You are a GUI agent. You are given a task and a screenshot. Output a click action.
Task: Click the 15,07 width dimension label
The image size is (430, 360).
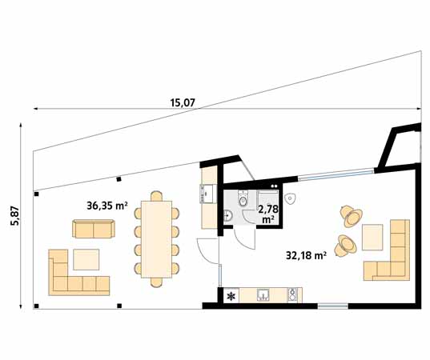click(x=183, y=103)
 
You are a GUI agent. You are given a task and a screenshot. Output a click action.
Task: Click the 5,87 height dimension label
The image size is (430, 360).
click(x=15, y=215)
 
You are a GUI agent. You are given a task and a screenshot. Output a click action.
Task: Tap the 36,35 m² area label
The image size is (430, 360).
click(x=107, y=206)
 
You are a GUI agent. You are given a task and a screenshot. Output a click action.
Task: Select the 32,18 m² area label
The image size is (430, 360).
click(x=307, y=256)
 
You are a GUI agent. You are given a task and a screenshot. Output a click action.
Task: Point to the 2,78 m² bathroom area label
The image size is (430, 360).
click(x=268, y=214)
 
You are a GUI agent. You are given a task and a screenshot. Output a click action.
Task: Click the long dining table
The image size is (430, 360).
click(x=157, y=239)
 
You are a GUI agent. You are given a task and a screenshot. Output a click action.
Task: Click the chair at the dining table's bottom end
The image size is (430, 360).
click(x=157, y=282)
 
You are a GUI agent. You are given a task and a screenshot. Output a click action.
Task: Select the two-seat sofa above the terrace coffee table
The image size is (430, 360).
click(x=94, y=229)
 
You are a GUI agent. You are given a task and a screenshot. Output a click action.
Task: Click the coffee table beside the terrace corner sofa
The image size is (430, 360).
click(x=86, y=259)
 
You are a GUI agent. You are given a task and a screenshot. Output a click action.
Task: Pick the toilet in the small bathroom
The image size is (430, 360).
click(x=243, y=199)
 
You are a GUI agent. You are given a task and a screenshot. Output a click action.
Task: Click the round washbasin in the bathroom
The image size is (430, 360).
click(x=228, y=216)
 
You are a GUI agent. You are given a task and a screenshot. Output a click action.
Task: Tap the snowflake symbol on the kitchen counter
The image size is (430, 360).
click(x=231, y=296)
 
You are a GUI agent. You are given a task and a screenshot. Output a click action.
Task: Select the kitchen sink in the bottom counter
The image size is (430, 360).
click(x=263, y=295)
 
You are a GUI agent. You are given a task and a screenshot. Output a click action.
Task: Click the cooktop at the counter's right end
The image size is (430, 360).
click(x=292, y=295)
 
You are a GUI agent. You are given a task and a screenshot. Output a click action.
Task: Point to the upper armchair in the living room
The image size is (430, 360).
click(x=352, y=216)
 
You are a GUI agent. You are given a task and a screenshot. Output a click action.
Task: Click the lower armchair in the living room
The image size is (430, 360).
click(x=346, y=246)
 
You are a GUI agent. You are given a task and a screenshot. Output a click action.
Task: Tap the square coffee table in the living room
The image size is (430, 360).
click(x=372, y=238)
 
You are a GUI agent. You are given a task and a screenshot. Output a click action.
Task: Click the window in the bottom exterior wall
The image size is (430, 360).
click(x=333, y=306)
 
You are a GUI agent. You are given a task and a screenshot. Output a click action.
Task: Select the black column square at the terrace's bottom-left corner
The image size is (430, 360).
click(x=37, y=306)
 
